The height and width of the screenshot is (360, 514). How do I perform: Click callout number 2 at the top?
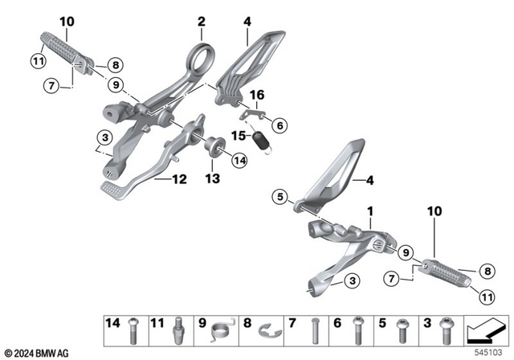(202, 20)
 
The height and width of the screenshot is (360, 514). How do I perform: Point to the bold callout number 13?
(212, 178)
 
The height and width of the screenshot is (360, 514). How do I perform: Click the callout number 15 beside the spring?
(239, 135)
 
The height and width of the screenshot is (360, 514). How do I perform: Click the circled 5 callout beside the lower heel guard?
(280, 194)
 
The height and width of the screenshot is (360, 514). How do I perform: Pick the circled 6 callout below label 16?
(279, 125)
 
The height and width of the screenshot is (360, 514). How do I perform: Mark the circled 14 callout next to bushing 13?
(239, 161)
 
